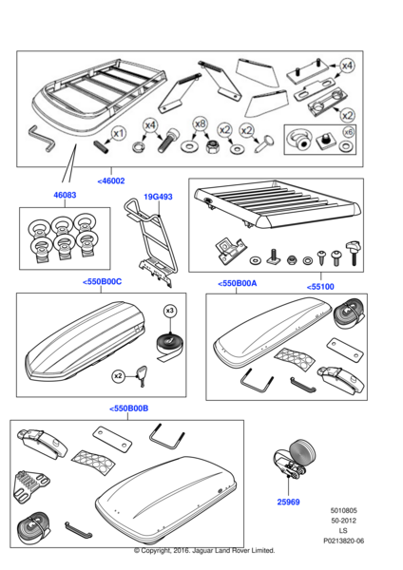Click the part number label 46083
(65, 195)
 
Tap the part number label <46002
(111, 180)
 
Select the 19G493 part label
(158, 197)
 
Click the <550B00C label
(103, 282)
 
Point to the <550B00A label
(238, 283)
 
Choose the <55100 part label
(320, 287)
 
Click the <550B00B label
(128, 408)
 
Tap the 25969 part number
(288, 502)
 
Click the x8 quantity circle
(200, 124)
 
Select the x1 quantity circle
(118, 134)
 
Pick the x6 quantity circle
(349, 132)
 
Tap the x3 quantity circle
(170, 311)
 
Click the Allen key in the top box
(43, 139)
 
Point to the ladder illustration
(150, 241)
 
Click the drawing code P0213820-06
(344, 541)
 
